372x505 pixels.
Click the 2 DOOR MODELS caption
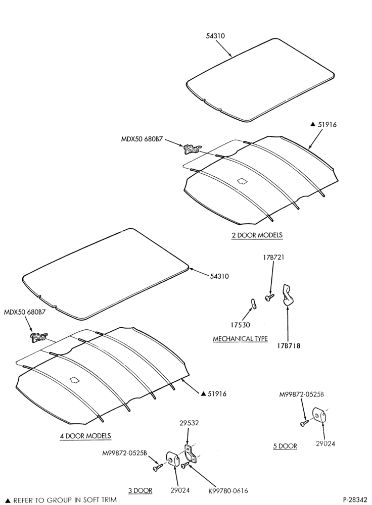pyautogui.click(x=257, y=235)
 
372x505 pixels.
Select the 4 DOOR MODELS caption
pyautogui.click(x=85, y=436)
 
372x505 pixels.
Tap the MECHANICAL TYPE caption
pyautogui.click(x=240, y=339)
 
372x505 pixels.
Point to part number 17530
pyautogui.click(x=240, y=325)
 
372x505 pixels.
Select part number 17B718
pyautogui.click(x=288, y=346)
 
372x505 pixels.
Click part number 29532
pyautogui.click(x=189, y=423)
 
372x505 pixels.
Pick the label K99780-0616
pyautogui.click(x=228, y=490)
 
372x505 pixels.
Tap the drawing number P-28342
pyautogui.click(x=355, y=500)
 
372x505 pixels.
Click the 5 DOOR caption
pyautogui.click(x=285, y=446)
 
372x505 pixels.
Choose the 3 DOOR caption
pyautogui.click(x=140, y=490)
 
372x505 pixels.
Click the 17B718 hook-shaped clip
pyautogui.click(x=288, y=294)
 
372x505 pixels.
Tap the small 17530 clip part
pyautogui.click(x=253, y=304)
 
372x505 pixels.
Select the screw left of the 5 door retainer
pyautogui.click(x=304, y=423)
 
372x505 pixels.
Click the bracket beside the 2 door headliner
pyautogui.click(x=192, y=149)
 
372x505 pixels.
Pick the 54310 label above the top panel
pyautogui.click(x=215, y=36)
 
